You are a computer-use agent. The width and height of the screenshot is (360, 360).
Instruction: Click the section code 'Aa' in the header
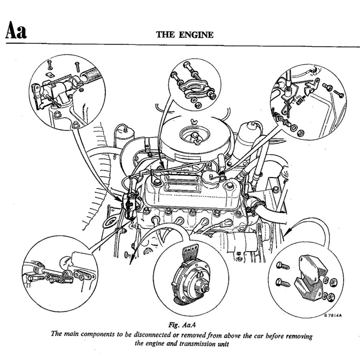[16, 31]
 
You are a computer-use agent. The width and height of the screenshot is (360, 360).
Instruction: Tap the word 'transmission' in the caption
[194, 343]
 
